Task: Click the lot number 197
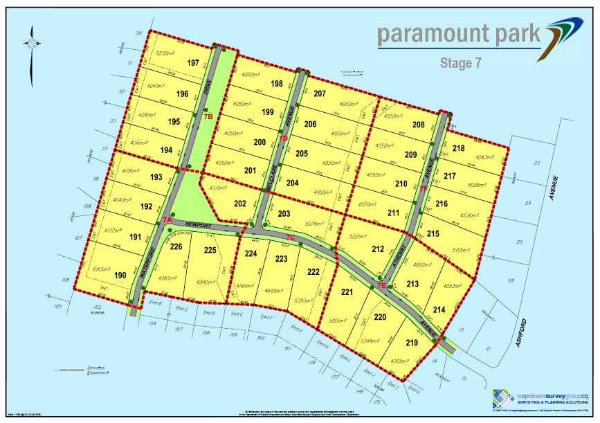coord(193,63)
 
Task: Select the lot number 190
coord(120,275)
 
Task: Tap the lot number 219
coord(412,343)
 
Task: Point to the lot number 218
coord(459,148)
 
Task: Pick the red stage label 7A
coord(167,219)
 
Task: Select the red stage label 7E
coord(381,285)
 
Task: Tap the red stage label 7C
coord(291,239)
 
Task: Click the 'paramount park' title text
coord(459,34)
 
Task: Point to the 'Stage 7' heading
coord(461,63)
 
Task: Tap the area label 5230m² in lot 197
coord(167,53)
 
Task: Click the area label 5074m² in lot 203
coord(313,224)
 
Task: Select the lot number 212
coord(378,249)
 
